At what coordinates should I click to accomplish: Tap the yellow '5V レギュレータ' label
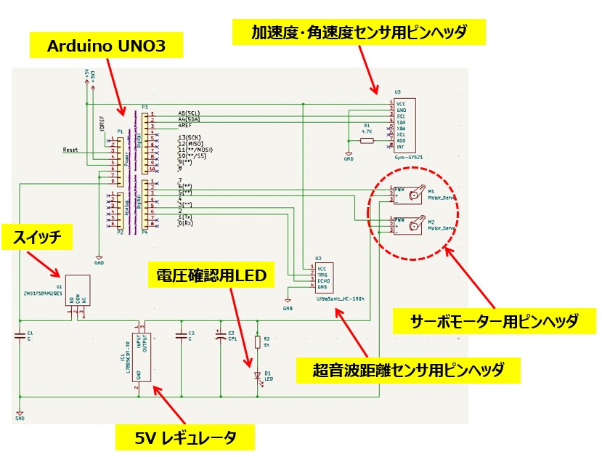click(185, 437)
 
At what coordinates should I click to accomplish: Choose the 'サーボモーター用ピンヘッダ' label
click(494, 321)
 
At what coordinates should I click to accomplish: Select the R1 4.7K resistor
click(367, 140)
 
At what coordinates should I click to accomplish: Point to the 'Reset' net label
click(70, 150)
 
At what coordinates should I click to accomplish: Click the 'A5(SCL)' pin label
click(188, 114)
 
